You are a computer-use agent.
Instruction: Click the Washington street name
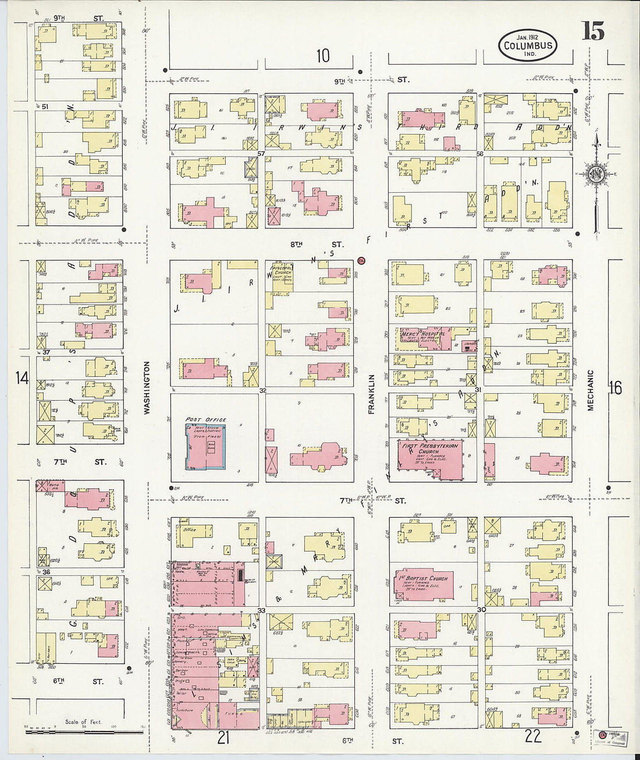pos(147,387)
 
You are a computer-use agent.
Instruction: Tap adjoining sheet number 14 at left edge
pos(22,379)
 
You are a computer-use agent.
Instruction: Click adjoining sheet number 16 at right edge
pos(615,387)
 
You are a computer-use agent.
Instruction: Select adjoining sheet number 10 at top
pos(323,56)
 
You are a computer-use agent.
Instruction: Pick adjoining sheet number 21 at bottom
pos(223,737)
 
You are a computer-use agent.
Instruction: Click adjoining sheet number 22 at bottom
pos(532,736)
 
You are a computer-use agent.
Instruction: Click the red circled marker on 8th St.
pos(361,260)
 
